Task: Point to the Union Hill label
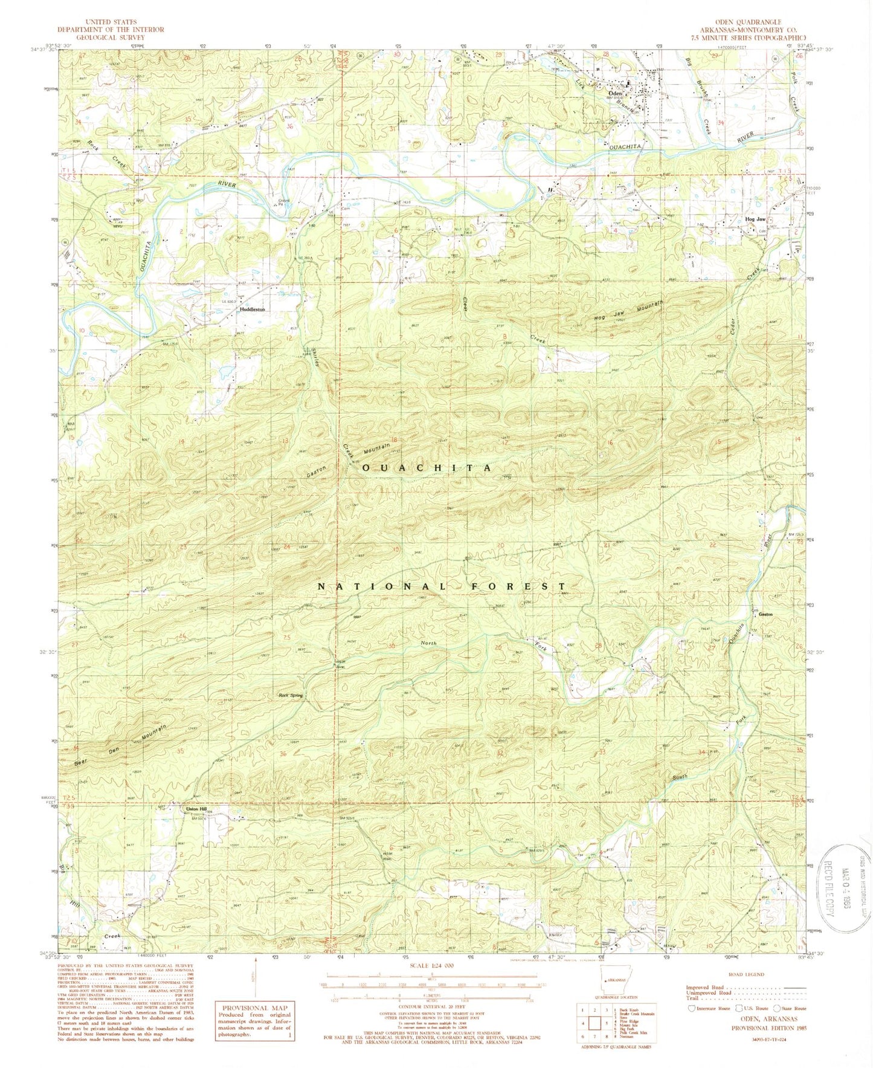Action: [195, 809]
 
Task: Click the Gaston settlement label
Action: [765, 615]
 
